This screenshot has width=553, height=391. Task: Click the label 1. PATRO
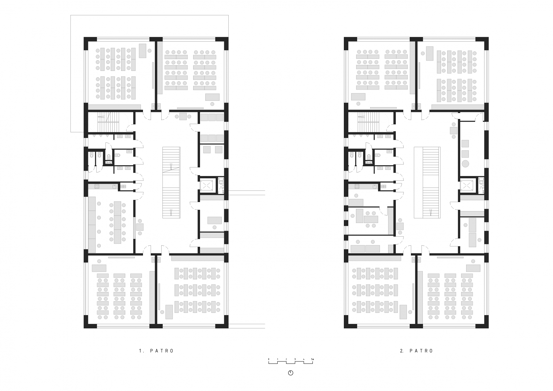156,351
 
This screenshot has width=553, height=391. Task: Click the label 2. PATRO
417,351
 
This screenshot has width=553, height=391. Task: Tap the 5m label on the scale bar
313,359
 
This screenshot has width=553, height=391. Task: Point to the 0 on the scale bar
269,359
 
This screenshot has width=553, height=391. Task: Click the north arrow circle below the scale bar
291,373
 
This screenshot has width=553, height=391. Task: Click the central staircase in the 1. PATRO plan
171,183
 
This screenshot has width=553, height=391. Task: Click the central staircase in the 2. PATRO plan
431,183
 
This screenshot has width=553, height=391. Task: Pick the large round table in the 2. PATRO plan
465,164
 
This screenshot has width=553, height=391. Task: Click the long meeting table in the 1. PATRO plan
117,222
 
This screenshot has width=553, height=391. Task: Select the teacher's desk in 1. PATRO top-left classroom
143,51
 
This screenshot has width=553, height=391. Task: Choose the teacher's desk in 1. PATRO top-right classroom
212,97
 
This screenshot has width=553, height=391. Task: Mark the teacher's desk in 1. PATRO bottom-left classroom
99,268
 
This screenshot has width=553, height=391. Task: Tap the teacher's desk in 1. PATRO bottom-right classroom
169,312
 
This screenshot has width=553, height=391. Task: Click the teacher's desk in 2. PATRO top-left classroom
358,97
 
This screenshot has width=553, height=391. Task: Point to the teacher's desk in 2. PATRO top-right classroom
430,53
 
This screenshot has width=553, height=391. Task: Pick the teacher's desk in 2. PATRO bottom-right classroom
473,268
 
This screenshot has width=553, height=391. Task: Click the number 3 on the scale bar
295,359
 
